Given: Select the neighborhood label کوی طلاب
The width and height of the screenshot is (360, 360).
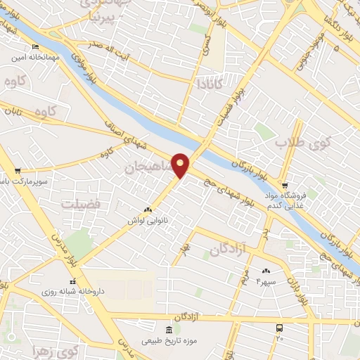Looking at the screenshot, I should click(297, 144).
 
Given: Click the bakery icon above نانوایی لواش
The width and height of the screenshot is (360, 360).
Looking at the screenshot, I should click(148, 210).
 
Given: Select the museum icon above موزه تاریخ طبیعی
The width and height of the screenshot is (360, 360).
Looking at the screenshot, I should click(168, 330).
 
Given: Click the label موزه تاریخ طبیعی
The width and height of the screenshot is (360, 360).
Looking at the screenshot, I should click(166, 342).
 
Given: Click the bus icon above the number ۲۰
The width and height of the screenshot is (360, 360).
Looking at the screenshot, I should click(280, 328).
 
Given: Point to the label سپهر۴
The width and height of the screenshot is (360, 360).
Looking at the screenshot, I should click(268, 281).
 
